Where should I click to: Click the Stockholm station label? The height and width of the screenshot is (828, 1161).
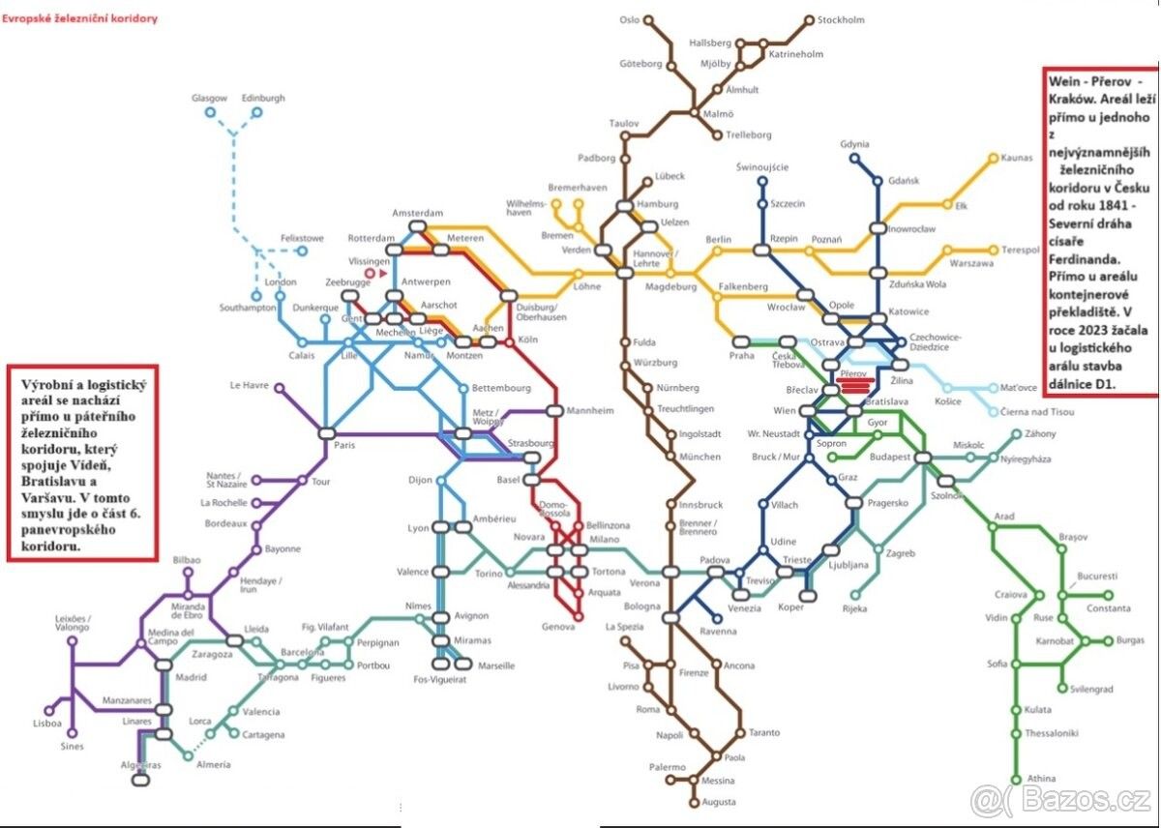[841, 19]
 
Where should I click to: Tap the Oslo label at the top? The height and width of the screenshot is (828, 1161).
[630, 19]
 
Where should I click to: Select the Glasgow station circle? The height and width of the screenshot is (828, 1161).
[210, 113]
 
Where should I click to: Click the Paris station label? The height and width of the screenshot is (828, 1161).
[344, 446]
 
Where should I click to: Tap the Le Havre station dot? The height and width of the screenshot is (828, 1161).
[280, 389]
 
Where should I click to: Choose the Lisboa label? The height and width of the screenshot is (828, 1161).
[46, 724]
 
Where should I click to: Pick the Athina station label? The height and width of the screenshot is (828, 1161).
[1041, 780]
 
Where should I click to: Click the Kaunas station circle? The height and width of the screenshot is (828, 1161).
[993, 158]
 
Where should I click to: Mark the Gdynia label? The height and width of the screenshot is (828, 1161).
[855, 144]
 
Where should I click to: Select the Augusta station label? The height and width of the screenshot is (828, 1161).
[719, 802]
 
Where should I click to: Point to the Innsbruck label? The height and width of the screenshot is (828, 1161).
[701, 505]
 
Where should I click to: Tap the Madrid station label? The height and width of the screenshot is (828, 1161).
[191, 677]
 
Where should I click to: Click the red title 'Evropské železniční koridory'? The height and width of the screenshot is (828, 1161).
[80, 18]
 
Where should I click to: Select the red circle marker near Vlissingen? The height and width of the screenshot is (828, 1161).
[369, 274]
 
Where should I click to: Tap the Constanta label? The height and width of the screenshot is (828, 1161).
[1108, 608]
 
